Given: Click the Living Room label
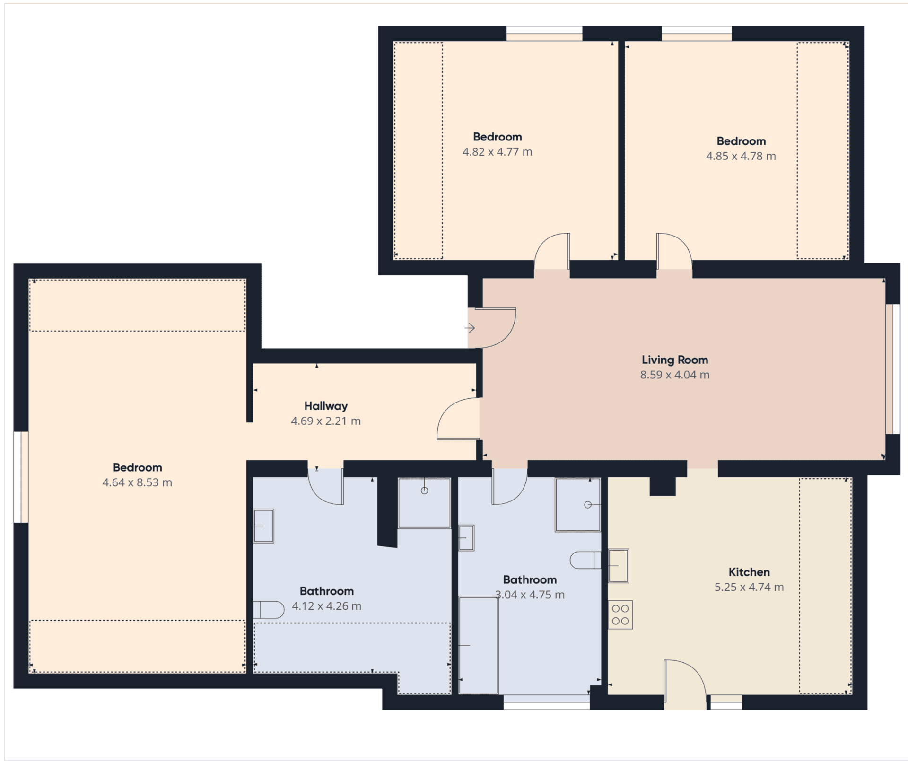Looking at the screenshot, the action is [674, 360].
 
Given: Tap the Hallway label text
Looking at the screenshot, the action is [326, 406].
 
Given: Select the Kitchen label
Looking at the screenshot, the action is [749, 572].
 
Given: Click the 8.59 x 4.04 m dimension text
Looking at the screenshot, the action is [675, 375].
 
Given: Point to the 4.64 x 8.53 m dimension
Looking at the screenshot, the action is [137, 482].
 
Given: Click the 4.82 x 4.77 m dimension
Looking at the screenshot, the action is [498, 152].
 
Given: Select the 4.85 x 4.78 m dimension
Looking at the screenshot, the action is [741, 156].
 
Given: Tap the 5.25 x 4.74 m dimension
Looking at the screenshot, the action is [749, 587].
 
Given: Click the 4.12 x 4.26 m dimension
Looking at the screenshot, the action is [327, 606].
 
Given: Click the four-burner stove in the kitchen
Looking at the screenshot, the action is [620, 614].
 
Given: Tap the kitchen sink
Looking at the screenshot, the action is [618, 566].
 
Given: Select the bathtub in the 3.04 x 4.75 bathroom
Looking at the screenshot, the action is [479, 645].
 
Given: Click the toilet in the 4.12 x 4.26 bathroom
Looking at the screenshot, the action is [269, 610].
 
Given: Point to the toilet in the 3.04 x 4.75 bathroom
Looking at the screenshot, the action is [585, 560].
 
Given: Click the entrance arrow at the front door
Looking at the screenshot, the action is [470, 328].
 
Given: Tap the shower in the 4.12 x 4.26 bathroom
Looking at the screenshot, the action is [424, 503].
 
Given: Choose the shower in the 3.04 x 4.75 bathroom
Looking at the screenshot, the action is [578, 505].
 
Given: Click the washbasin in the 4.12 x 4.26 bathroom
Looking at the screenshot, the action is [263, 526].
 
